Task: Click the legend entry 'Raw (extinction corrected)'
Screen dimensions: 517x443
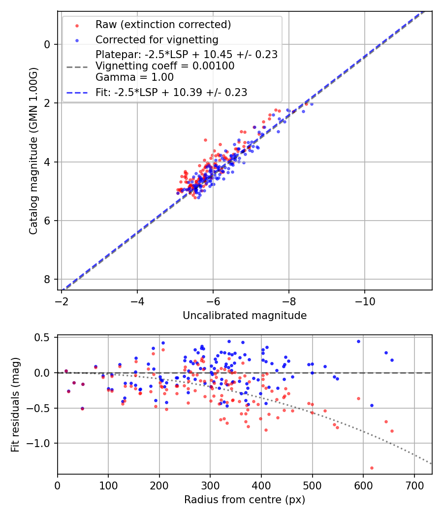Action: tap(163, 25)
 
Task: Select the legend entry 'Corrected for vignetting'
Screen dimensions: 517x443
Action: tap(157, 39)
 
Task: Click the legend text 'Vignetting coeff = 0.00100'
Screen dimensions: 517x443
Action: tap(165, 66)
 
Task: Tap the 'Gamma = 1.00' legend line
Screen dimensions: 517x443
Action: tap(134, 77)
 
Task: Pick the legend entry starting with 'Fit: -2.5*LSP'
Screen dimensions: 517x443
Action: tap(171, 92)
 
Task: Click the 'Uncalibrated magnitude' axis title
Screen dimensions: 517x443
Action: tap(245, 316)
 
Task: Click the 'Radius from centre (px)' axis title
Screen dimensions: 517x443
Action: tap(245, 500)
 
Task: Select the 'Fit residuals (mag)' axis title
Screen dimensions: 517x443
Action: tap(15, 405)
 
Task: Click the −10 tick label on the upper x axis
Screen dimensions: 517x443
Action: tap(364, 300)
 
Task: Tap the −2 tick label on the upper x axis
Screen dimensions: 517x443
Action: tap(62, 300)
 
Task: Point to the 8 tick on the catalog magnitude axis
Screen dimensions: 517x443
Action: tap(47, 279)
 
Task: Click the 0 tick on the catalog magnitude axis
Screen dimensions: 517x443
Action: tap(47, 44)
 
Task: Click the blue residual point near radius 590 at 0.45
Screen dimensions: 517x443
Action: tap(358, 341)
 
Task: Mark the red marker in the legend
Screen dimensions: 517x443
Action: tap(76, 25)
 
